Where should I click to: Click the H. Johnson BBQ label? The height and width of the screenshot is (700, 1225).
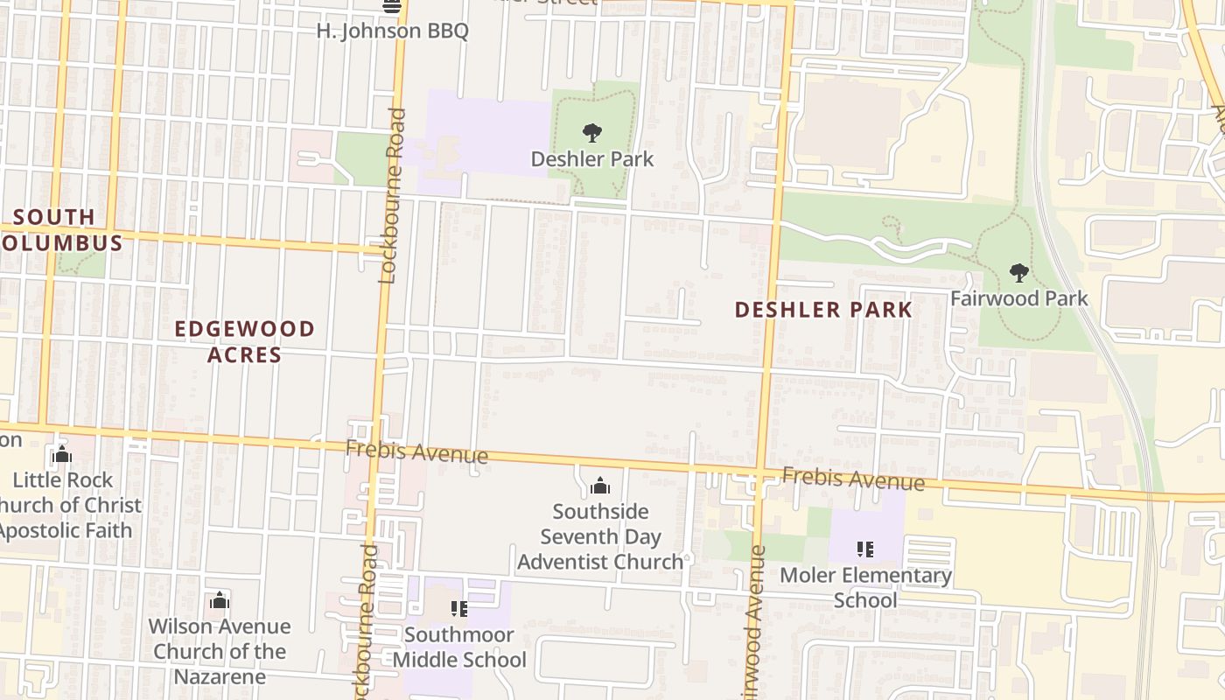(x=392, y=31)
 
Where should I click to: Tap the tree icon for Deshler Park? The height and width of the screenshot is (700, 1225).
(x=592, y=133)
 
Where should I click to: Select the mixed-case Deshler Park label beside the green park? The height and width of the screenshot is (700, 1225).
(x=592, y=159)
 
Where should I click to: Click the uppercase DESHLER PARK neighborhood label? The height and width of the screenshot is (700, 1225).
(x=823, y=310)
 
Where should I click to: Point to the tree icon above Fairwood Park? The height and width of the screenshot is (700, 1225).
(x=1018, y=273)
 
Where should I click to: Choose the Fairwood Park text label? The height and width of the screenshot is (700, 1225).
(x=1018, y=298)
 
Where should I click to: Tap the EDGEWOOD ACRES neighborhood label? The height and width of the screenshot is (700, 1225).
(x=244, y=341)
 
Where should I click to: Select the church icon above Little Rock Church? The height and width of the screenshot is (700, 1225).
(x=62, y=455)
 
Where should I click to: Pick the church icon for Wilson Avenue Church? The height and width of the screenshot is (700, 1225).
(x=220, y=600)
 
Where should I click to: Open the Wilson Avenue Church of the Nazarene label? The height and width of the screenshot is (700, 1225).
(x=219, y=651)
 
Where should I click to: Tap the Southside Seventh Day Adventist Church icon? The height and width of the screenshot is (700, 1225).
(x=600, y=486)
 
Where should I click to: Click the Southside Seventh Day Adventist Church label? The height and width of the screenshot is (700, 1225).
(x=600, y=536)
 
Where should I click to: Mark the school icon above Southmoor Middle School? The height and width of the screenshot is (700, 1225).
(x=459, y=608)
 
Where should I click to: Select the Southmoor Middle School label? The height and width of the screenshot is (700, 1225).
(x=459, y=647)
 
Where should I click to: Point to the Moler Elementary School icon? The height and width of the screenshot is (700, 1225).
(x=865, y=549)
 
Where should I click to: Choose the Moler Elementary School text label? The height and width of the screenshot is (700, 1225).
(x=865, y=587)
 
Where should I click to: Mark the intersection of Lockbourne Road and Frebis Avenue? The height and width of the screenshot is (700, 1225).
(x=376, y=445)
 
